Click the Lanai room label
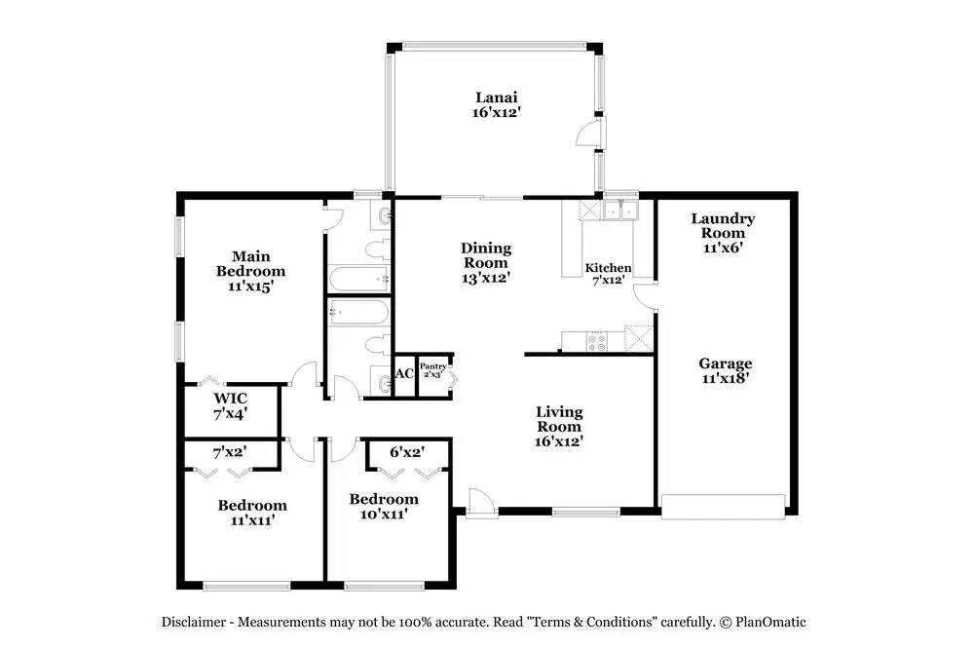[496, 104]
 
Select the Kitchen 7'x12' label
[608, 275]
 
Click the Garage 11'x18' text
[723, 371]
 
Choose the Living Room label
[559, 426]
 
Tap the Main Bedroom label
[250, 271]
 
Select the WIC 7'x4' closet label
[230, 405]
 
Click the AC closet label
[404, 374]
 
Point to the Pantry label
[432, 369]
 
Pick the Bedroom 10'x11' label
[384, 506]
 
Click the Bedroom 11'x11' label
[252, 513]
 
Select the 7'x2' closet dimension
[230, 452]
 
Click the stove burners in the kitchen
[595, 341]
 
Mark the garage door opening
[723, 503]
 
